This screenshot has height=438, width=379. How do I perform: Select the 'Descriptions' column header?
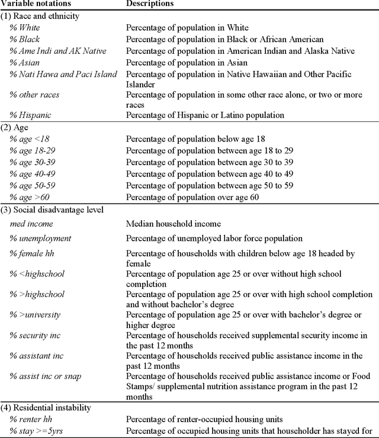tap(150, 4)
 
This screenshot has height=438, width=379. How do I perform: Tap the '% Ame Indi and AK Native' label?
tap(58, 51)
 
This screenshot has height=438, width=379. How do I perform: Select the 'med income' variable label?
tap(31, 224)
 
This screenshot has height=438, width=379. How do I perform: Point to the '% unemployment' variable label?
tap(40, 239)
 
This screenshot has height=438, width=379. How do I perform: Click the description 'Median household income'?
tap(173, 224)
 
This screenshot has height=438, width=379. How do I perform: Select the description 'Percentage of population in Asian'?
tap(187, 63)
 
